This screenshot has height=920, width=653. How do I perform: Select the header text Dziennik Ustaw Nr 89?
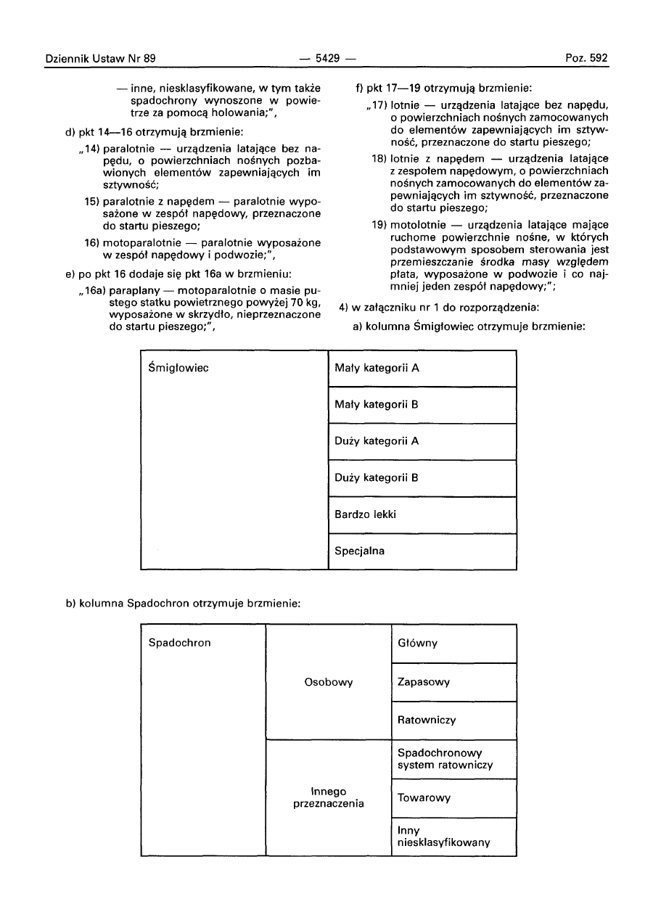pyautogui.click(x=101, y=58)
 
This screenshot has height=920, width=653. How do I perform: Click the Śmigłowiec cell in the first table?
pyautogui.click(x=178, y=368)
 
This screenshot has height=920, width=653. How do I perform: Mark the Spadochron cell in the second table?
pyautogui.click(x=180, y=643)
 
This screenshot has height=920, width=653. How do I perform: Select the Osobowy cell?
pyautogui.click(x=329, y=682)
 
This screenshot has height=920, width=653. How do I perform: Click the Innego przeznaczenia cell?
pyautogui.click(x=329, y=797)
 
